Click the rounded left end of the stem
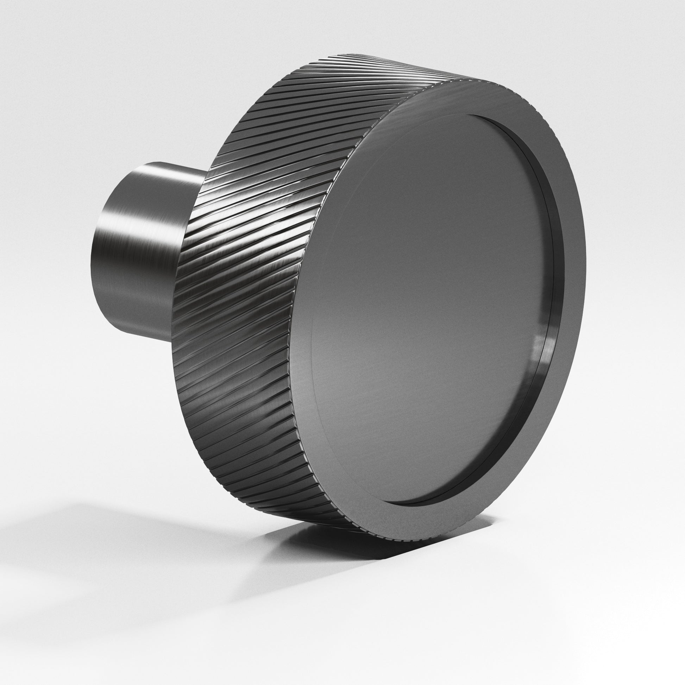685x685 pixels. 98,255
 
